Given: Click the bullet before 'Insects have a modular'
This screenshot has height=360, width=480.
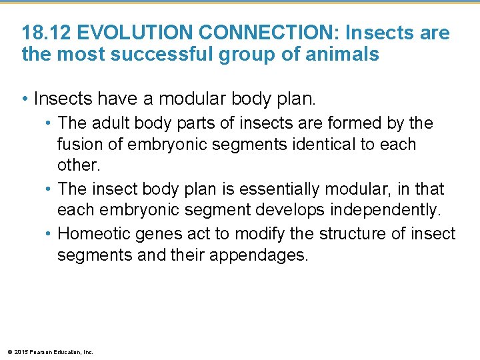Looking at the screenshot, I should click(x=25, y=99).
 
